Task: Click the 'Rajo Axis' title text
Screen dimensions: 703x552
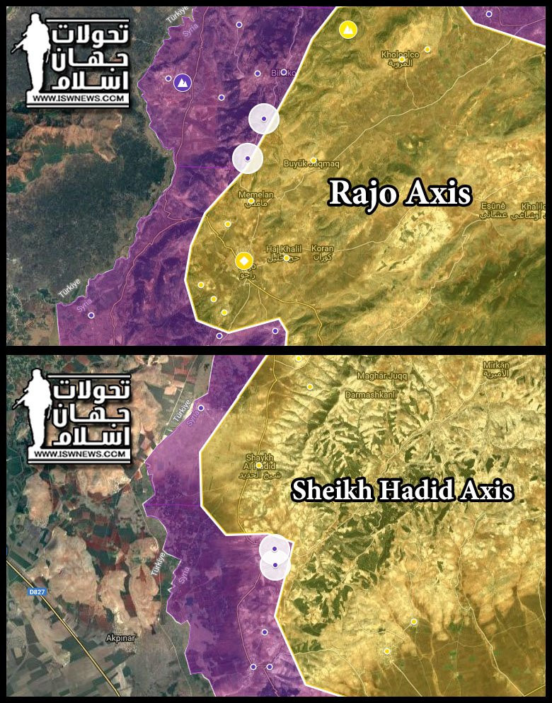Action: (x=400, y=193)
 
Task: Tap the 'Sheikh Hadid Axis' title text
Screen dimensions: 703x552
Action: (x=402, y=491)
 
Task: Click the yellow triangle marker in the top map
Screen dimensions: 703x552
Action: (x=347, y=30)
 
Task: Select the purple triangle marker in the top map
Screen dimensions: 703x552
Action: (x=183, y=83)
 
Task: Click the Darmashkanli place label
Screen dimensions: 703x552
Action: (x=367, y=395)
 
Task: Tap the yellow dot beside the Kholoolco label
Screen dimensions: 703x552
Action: (x=427, y=50)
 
